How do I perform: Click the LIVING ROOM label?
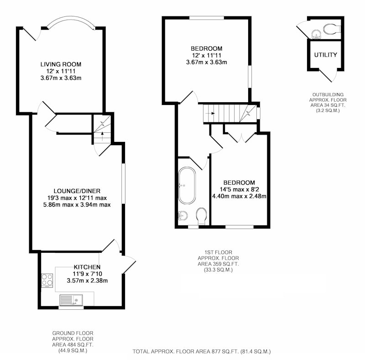61,64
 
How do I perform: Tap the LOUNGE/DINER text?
77,191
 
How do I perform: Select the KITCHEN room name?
87,267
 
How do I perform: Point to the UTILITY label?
325,55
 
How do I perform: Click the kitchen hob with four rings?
47,280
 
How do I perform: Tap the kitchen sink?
71,300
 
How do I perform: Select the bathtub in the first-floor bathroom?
187,186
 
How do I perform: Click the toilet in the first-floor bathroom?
202,216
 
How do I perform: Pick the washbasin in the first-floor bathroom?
183,215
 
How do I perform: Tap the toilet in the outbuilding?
332,29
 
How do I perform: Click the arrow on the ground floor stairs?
102,134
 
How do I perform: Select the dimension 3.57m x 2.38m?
87,281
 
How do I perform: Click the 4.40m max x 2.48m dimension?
239,196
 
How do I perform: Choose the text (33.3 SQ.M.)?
219,270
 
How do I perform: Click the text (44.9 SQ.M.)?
73,351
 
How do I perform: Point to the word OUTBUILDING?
328,95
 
